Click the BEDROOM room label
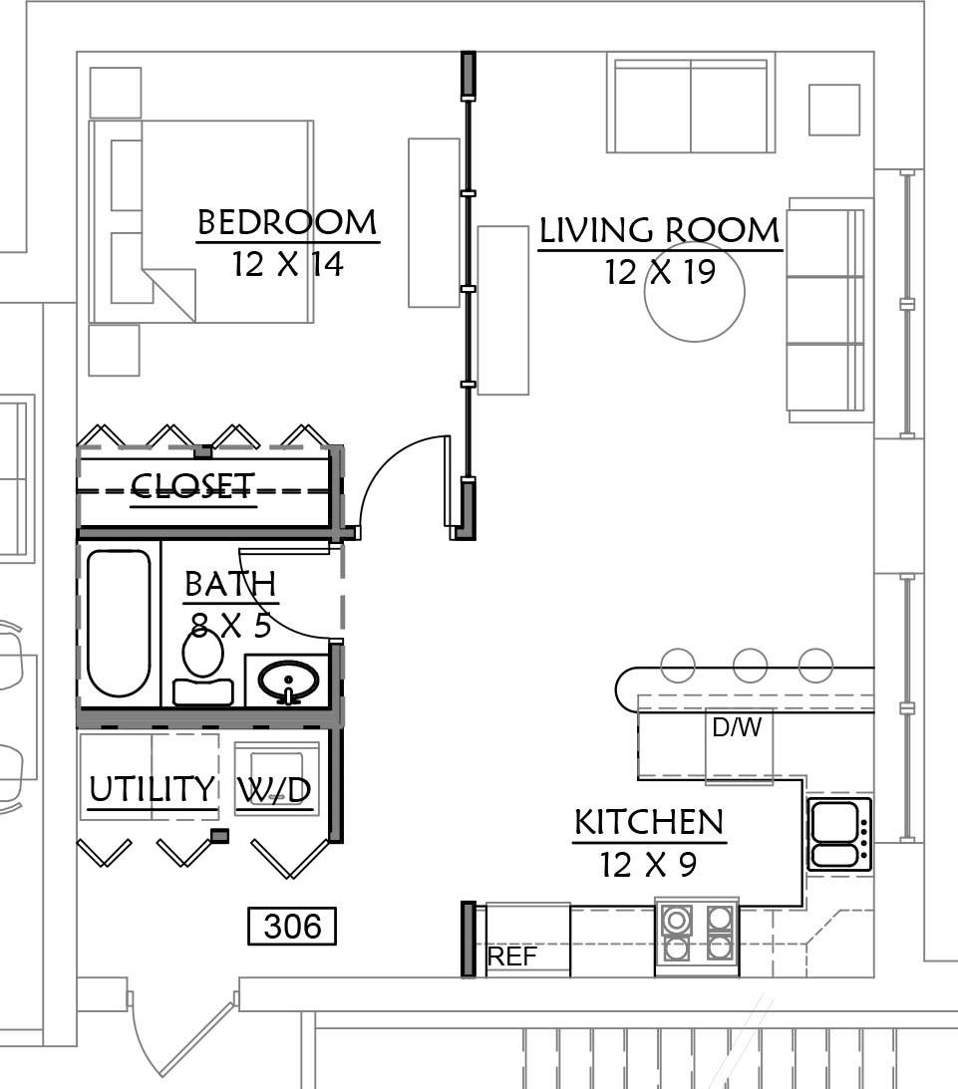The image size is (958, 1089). click(288, 223)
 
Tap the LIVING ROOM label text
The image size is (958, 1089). click(660, 230)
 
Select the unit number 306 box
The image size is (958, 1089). click(292, 926)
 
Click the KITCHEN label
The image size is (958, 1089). click(650, 822)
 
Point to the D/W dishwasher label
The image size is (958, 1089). click(737, 727)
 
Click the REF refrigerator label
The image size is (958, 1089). click(512, 956)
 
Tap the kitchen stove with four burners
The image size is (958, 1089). click(697, 935)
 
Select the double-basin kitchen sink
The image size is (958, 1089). click(839, 834)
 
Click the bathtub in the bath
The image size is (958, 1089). click(119, 623)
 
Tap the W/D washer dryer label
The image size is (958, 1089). click(274, 790)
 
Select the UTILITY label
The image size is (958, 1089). click(153, 789)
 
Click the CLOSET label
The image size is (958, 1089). click(193, 486)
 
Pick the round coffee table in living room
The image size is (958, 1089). click(695, 291)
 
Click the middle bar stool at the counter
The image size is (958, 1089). click(751, 666)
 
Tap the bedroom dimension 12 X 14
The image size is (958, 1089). click(288, 264)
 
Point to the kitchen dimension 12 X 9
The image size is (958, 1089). click(648, 865)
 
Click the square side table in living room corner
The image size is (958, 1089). click(834, 110)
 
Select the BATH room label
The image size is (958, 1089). click(230, 584)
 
